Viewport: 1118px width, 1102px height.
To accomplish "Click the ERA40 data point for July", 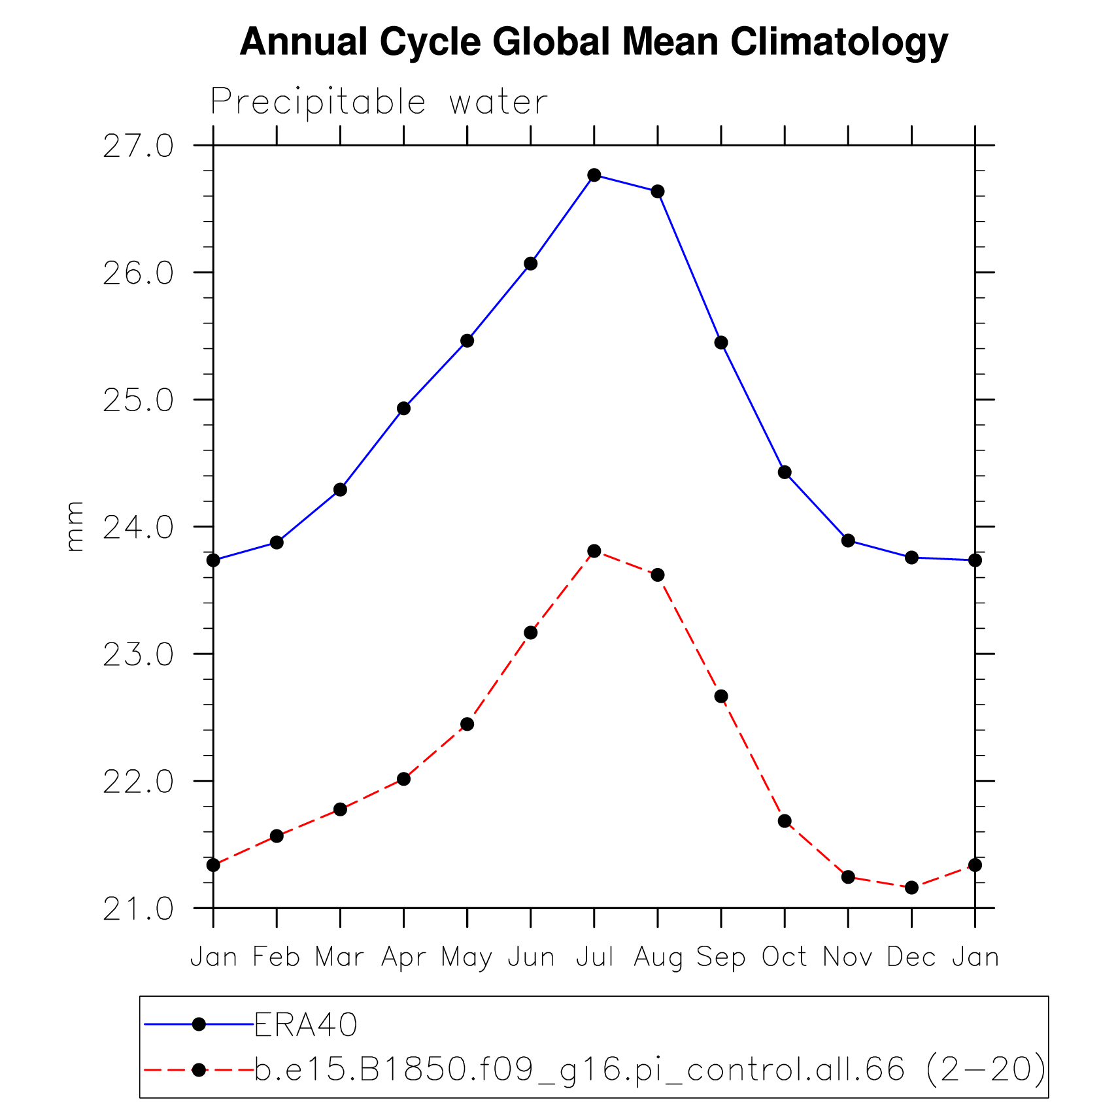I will click(x=594, y=175).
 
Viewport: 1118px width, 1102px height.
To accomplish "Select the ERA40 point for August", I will click(x=657, y=192).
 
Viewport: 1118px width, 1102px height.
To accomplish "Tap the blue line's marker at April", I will click(x=403, y=409).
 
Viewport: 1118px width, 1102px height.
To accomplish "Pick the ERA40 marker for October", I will click(x=785, y=473).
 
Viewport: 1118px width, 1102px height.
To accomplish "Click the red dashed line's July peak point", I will click(x=594, y=551).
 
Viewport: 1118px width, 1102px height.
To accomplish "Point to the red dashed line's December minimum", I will click(x=911, y=888).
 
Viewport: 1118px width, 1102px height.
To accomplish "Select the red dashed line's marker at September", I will click(x=721, y=696).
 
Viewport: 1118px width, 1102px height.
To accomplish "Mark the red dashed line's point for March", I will click(x=340, y=809).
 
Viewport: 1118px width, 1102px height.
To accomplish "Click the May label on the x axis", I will click(x=466, y=958).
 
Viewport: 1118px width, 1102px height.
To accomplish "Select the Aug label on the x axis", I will click(x=658, y=958).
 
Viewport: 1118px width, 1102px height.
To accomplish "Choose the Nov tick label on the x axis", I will click(x=847, y=958).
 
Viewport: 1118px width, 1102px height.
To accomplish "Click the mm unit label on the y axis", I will click(x=75, y=527).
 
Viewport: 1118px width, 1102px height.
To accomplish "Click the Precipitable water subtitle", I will click(x=379, y=102).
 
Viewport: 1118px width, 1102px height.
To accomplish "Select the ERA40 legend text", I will click(x=305, y=1025).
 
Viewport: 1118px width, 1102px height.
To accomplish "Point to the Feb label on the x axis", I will click(x=276, y=958).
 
